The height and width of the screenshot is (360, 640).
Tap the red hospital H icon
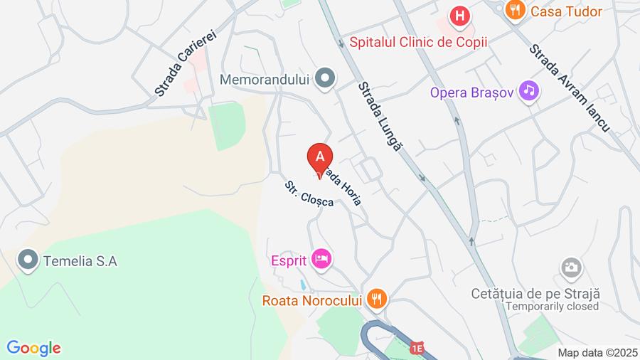(461, 16)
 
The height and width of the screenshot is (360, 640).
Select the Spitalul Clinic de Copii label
(418, 42)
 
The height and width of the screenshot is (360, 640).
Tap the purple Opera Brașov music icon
(528, 90)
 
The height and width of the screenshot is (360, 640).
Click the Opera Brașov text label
(470, 92)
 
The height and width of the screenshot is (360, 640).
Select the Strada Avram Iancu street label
(570, 87)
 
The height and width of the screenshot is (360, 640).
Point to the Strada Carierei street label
(185, 62)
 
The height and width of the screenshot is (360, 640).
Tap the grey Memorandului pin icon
(326, 78)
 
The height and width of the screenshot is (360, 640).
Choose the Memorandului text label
(265, 79)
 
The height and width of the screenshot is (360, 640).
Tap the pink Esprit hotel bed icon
(321, 260)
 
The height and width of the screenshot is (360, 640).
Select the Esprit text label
(289, 260)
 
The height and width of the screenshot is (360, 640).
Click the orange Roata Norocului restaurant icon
(377, 300)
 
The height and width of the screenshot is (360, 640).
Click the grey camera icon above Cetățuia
(571, 268)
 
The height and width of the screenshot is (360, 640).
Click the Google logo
(33, 348)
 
